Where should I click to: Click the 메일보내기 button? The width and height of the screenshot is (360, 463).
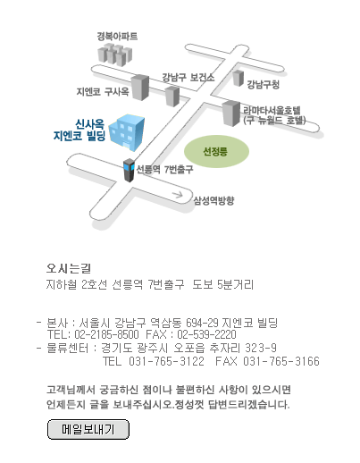tap(88, 429)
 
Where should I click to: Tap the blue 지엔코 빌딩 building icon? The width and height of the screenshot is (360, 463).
tap(127, 132)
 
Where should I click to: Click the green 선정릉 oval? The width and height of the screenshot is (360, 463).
tap(216, 151)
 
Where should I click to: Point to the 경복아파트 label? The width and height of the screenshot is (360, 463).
tap(117, 37)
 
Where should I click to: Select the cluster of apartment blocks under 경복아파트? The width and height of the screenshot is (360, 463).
tap(115, 55)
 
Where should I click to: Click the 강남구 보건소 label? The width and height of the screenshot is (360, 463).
tap(188, 78)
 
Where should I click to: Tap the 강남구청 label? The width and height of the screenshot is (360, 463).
tap(263, 84)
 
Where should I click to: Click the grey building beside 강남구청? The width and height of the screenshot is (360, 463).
tap(239, 78)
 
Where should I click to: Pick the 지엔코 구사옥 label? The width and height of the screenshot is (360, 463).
tap(103, 91)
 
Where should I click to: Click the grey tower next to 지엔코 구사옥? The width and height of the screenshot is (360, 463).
tap(140, 88)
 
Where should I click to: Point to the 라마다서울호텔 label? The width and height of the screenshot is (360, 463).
tap(272, 110)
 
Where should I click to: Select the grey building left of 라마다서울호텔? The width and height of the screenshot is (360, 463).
tap(231, 114)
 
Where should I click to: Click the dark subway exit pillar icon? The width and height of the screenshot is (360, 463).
tap(129, 170)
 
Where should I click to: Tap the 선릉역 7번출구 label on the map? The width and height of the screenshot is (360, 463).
tap(164, 169)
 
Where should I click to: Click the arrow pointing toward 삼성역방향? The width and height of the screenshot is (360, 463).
tap(178, 195)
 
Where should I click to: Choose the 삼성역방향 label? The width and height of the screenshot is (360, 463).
tap(213, 200)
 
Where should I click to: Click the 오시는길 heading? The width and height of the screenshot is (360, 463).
tap(69, 268)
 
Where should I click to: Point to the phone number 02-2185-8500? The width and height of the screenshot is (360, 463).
tap(106, 334)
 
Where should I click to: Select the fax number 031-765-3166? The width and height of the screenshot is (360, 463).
tap(281, 361)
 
